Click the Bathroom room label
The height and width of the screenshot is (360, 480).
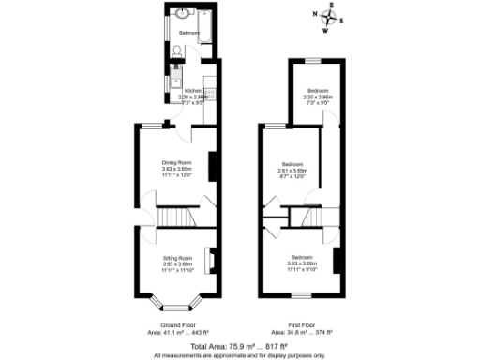[190, 33]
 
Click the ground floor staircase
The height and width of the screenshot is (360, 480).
[175, 217]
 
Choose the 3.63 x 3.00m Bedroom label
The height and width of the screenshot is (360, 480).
[301, 262]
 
